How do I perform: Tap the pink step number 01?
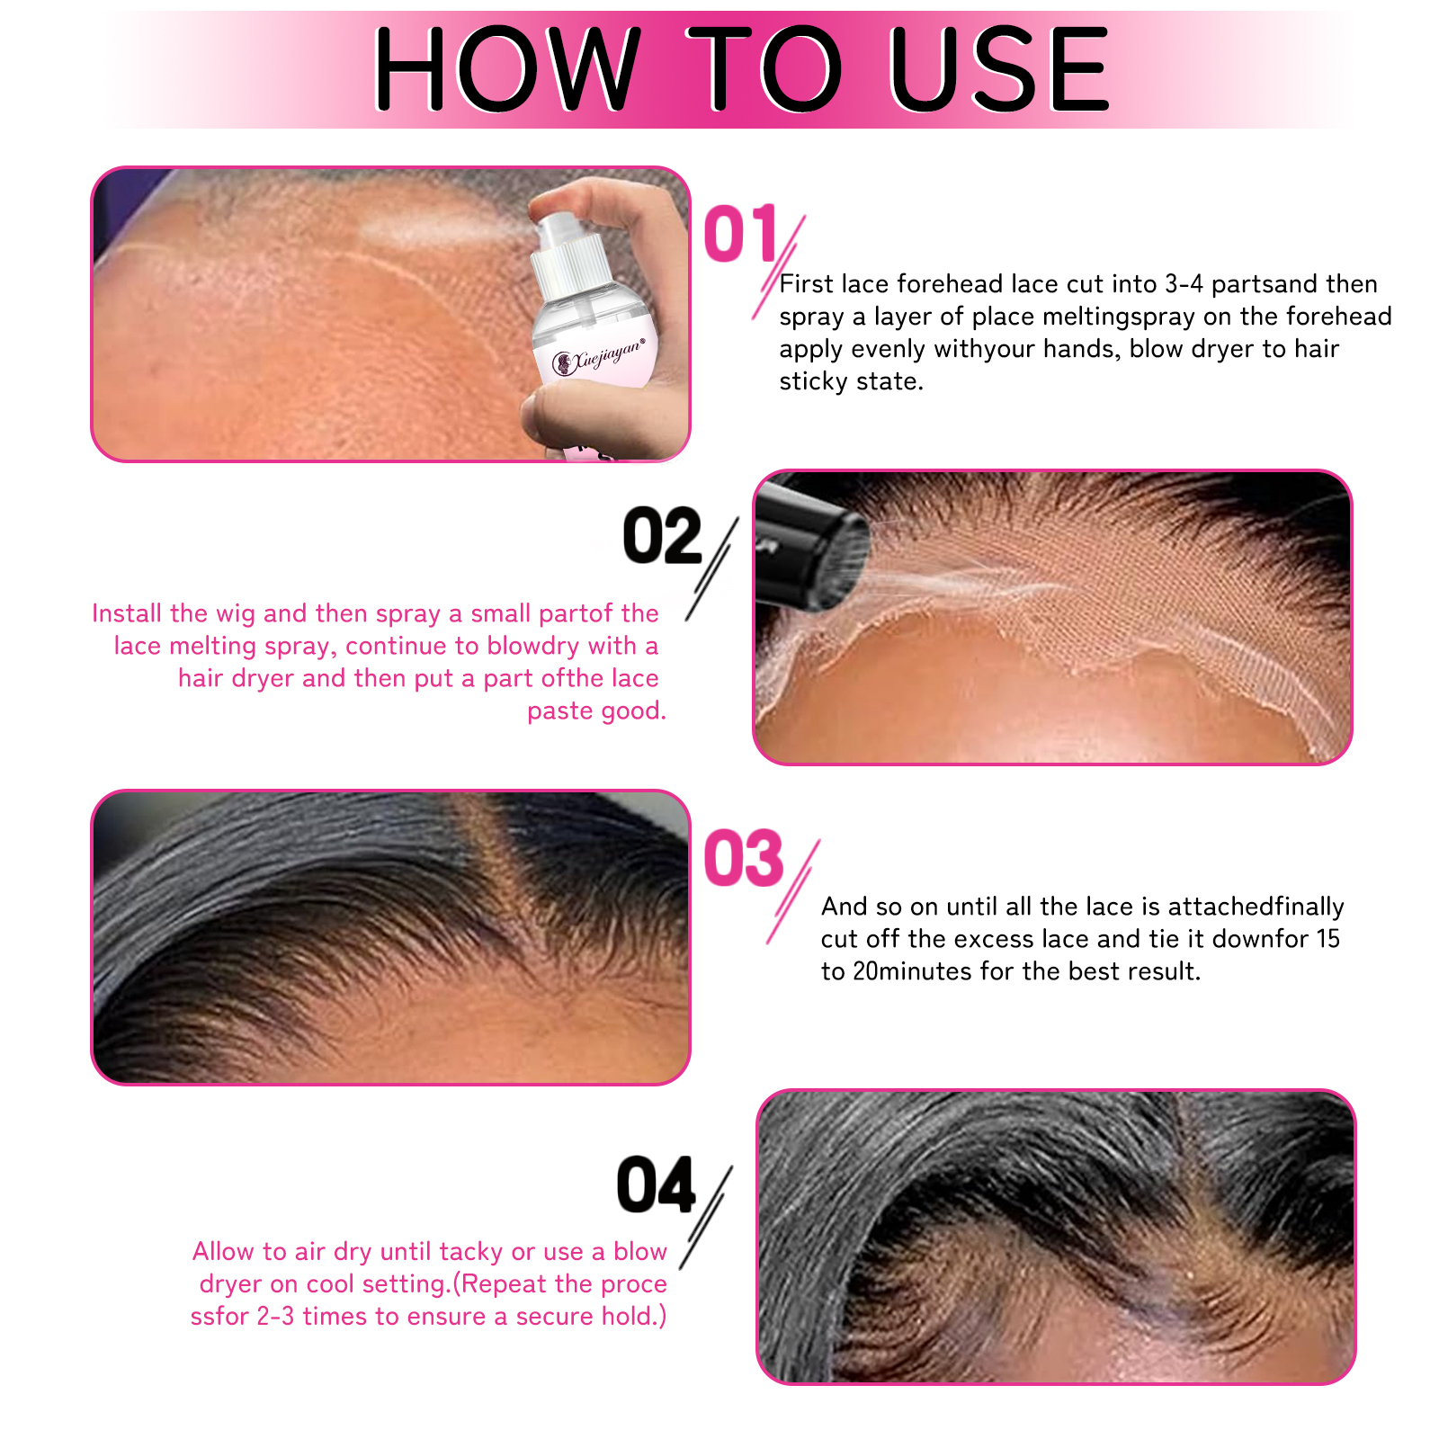tap(740, 234)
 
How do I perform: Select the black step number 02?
tap(662, 537)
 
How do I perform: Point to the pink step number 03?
tap(743, 858)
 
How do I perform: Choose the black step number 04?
tap(657, 1185)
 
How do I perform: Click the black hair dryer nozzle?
tap(809, 549)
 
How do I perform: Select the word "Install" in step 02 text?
tap(127, 613)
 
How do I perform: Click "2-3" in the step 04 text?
tap(275, 1317)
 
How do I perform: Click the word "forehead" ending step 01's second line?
tap(1339, 317)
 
